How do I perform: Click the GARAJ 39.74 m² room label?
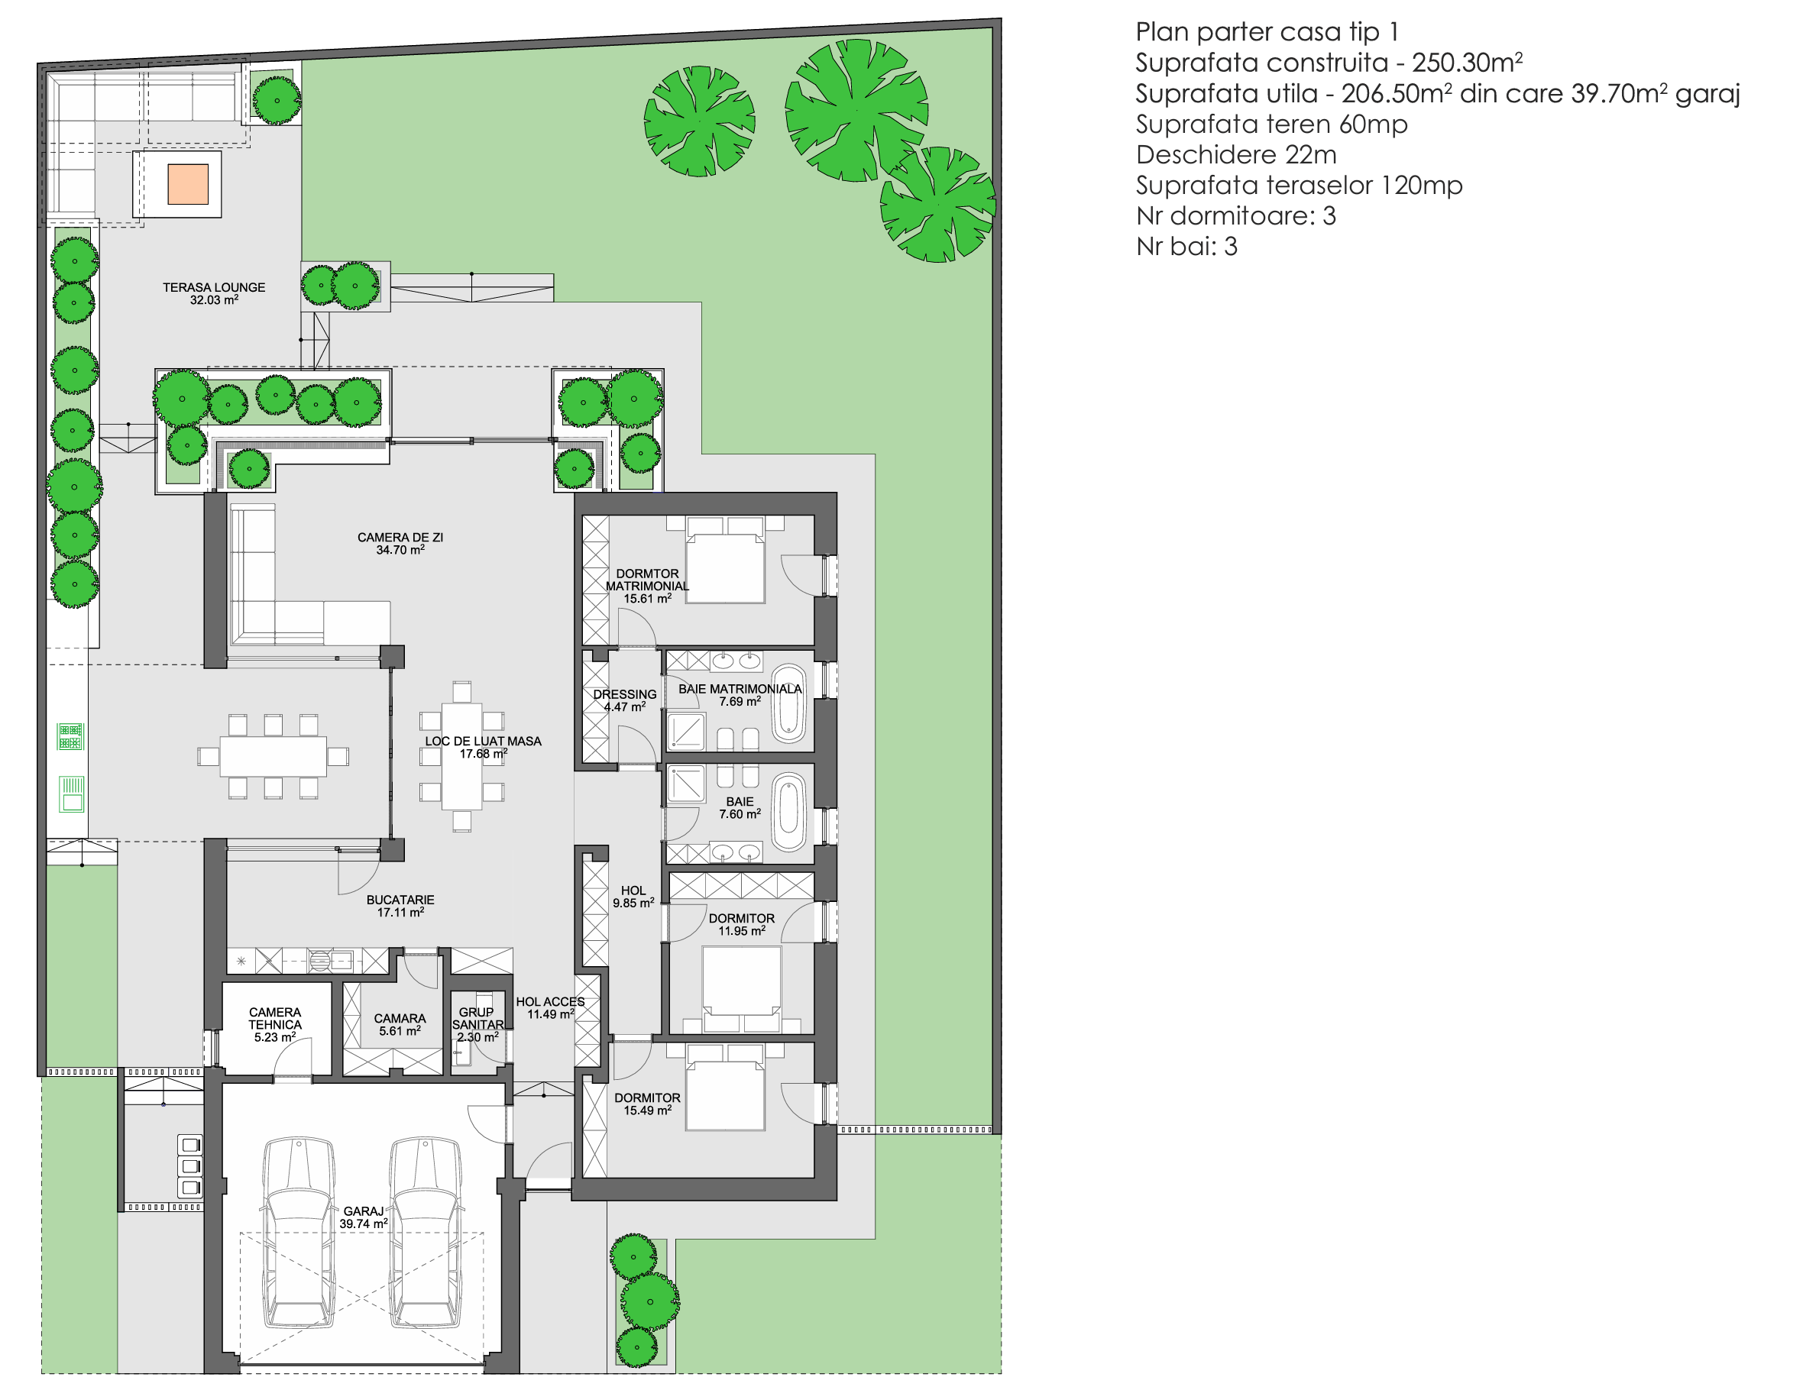(x=363, y=1217)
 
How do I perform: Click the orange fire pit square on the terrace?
(x=187, y=184)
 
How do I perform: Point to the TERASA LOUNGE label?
(x=214, y=293)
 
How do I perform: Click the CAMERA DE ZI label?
(x=400, y=543)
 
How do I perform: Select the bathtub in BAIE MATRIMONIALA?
(x=788, y=704)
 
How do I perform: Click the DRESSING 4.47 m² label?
(x=624, y=700)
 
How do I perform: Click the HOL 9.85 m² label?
(x=633, y=897)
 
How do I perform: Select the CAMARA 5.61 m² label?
(x=400, y=1024)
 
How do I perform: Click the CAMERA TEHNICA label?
(x=275, y=1023)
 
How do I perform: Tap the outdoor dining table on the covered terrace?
(x=273, y=756)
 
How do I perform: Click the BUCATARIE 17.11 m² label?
(x=400, y=906)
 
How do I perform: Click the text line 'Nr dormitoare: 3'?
(x=1235, y=215)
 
